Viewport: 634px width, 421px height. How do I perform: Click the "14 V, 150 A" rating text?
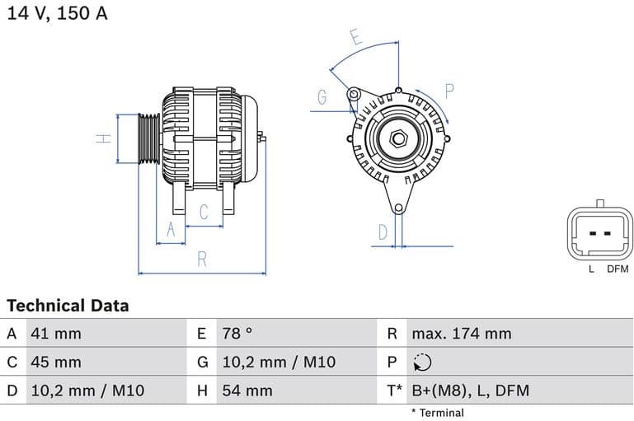(x=57, y=13)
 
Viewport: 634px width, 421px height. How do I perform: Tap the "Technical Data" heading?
(x=68, y=306)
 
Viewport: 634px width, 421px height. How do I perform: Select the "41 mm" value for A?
(x=55, y=334)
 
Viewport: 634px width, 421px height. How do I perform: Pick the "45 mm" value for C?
(x=55, y=362)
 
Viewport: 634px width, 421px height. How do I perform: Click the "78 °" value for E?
(x=237, y=334)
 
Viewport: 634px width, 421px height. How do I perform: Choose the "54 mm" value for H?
(x=247, y=391)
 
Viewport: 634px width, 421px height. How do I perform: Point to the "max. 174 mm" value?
(x=461, y=334)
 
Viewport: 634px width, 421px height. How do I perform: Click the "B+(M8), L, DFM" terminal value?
(x=470, y=391)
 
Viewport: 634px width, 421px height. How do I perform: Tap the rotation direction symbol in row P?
(x=421, y=362)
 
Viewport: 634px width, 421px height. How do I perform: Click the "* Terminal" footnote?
(x=437, y=413)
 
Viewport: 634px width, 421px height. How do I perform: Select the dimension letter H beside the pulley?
(x=104, y=138)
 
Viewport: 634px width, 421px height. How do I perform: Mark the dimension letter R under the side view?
(x=202, y=260)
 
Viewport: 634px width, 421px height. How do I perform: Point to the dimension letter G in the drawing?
(x=322, y=97)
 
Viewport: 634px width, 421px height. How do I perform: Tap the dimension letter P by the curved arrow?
(x=450, y=91)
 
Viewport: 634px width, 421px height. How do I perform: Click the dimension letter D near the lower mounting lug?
(x=383, y=232)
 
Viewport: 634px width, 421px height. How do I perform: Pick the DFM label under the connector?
(x=618, y=269)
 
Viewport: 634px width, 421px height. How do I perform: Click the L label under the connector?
(x=591, y=269)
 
